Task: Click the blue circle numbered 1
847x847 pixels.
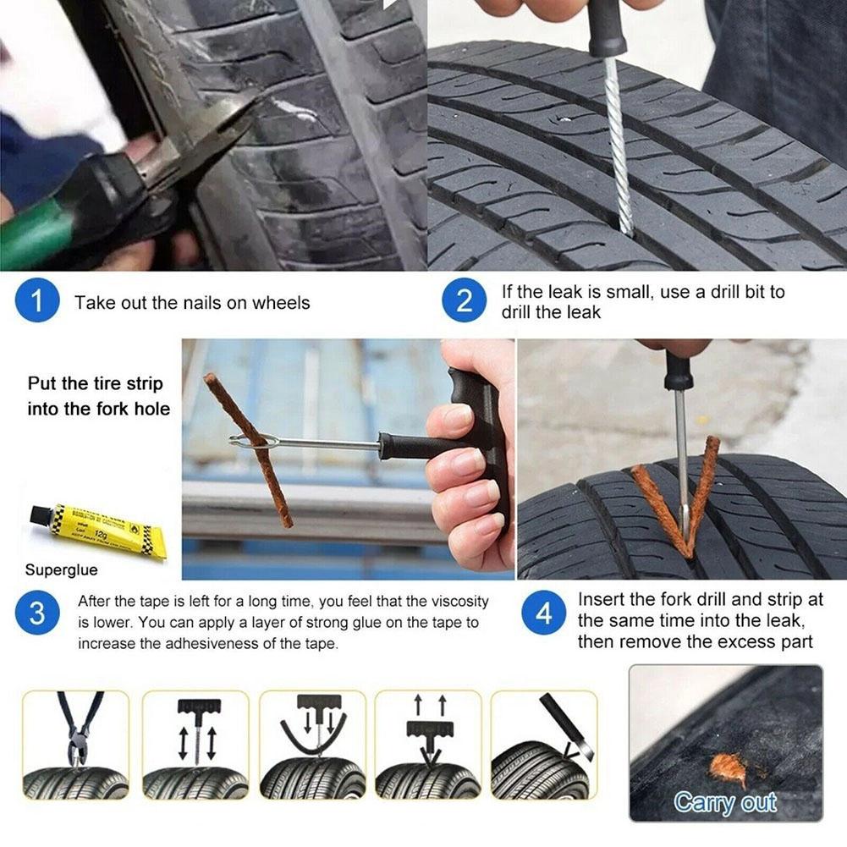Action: pos(36,303)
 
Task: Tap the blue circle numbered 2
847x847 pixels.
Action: pos(464,303)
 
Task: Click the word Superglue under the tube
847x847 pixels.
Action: pos(61,570)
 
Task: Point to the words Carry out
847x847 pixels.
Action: pos(724,801)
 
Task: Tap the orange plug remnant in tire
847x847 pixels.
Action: pos(729,768)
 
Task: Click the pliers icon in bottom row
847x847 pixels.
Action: pos(76,745)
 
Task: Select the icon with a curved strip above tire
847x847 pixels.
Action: pos(312,745)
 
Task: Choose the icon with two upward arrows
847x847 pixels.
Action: pos(428,745)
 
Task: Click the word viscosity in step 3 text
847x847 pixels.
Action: pos(456,602)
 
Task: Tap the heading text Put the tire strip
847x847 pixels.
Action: pos(95,383)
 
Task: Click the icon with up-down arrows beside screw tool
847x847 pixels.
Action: pos(195,745)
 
